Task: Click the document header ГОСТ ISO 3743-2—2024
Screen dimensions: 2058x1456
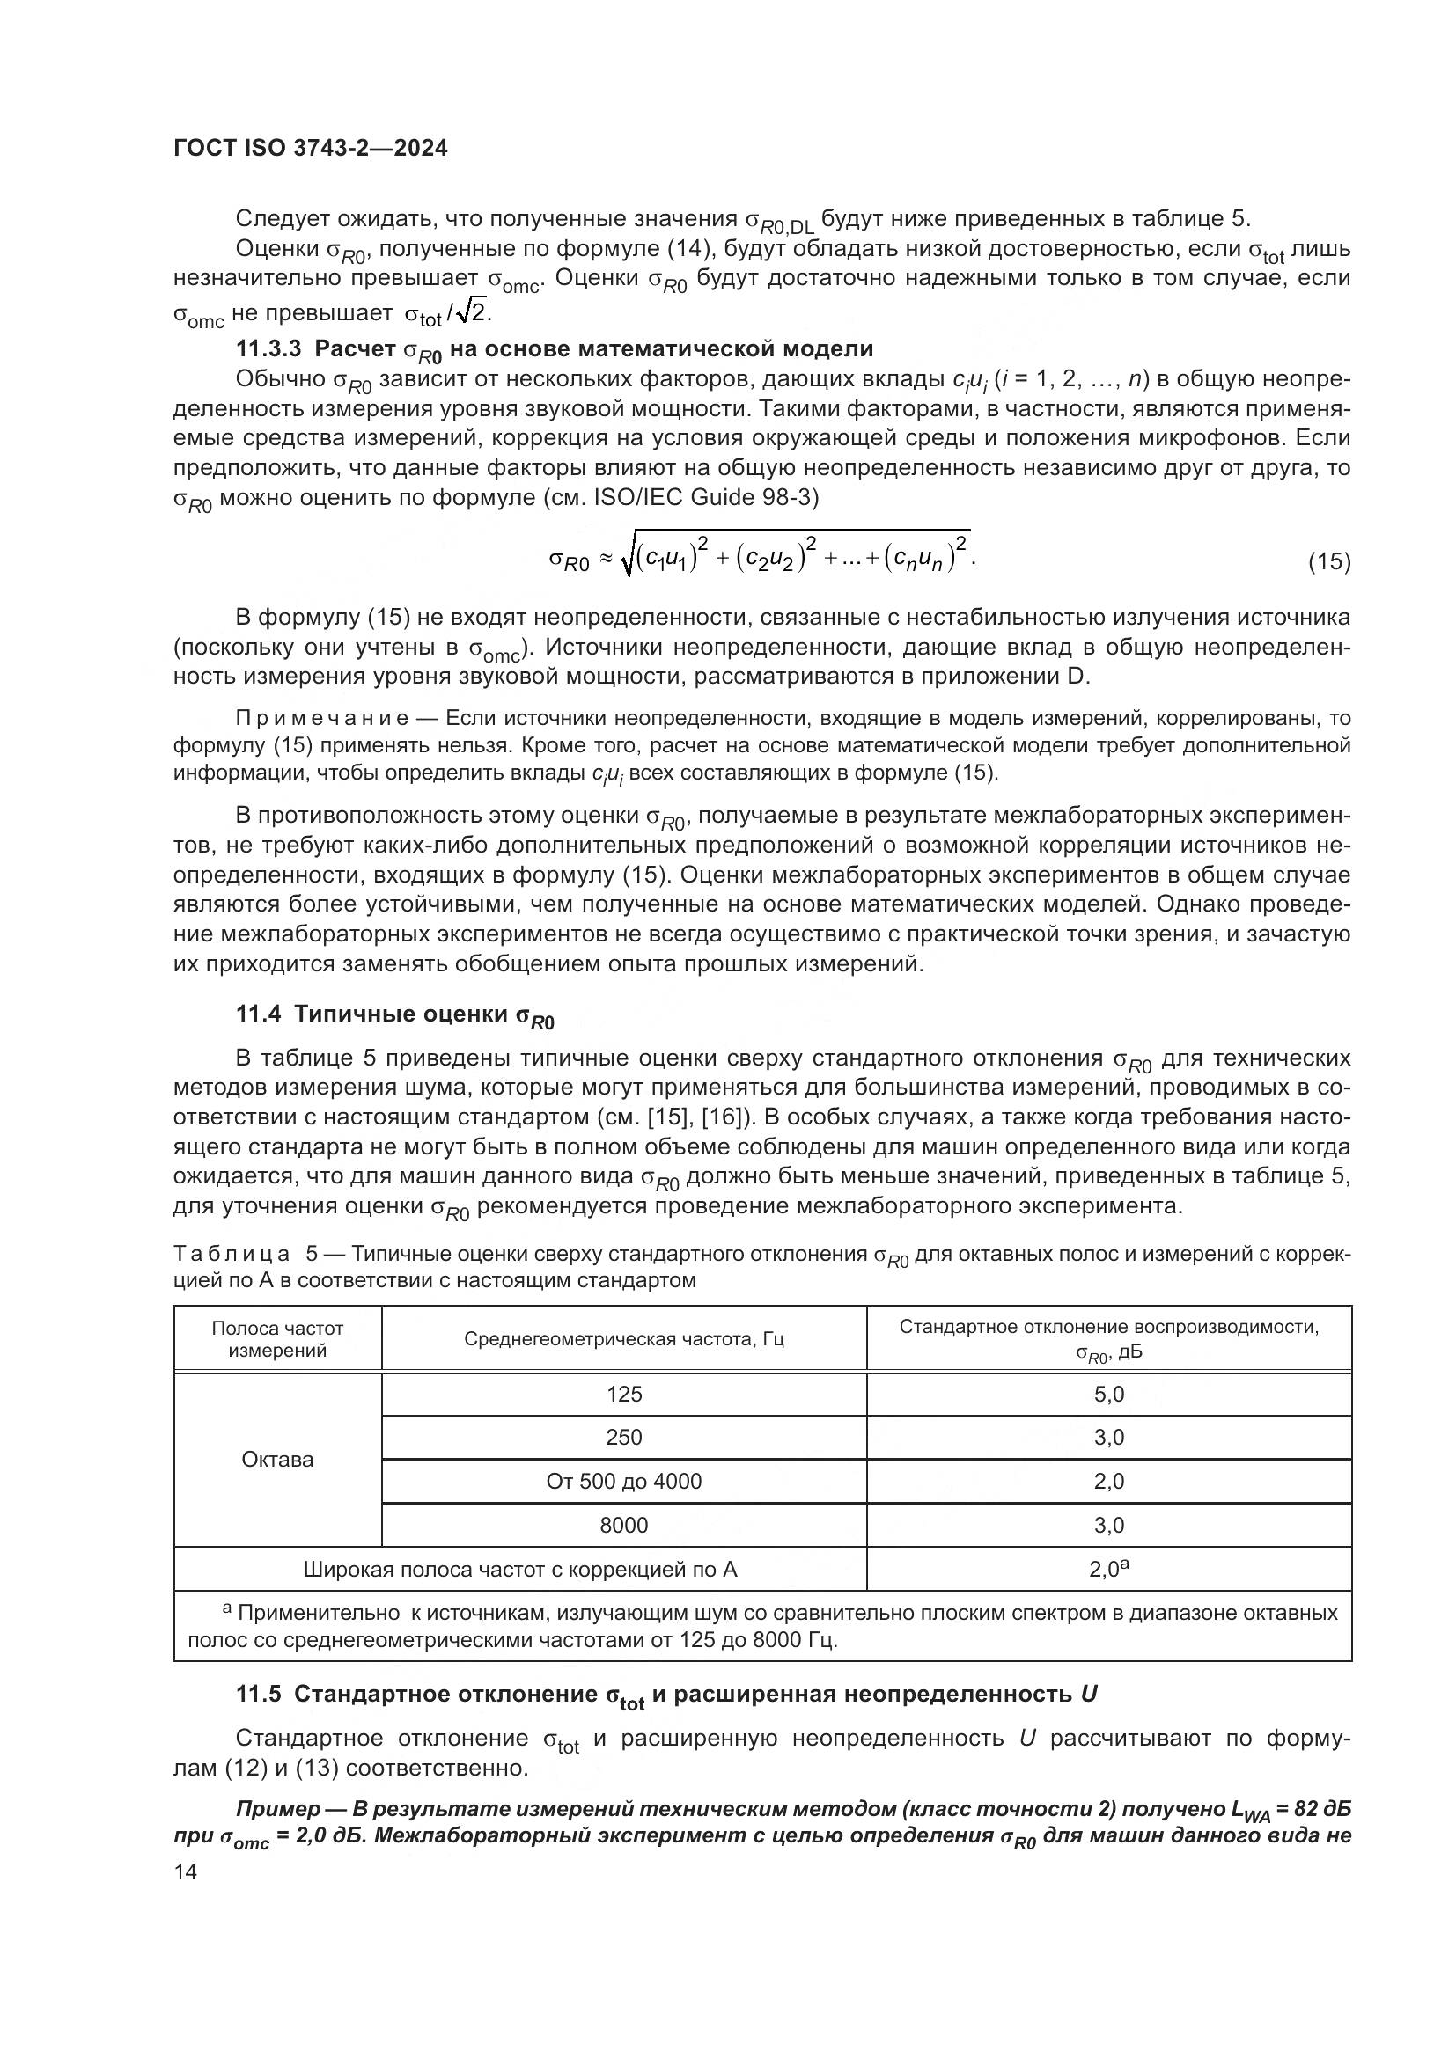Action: (x=310, y=149)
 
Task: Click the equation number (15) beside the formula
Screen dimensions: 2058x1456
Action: (x=1328, y=562)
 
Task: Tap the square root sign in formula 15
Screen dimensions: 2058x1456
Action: (x=628, y=559)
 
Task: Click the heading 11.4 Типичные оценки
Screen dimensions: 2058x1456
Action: (x=395, y=1014)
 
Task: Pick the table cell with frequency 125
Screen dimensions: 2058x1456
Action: (x=624, y=1394)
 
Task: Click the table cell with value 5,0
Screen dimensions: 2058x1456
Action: (x=1109, y=1394)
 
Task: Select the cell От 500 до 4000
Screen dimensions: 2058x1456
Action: (x=624, y=1481)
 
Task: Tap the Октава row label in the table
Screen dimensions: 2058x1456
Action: (x=278, y=1459)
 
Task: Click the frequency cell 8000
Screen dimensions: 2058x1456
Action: (x=624, y=1525)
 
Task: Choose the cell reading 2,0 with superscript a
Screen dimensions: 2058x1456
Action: (x=1109, y=1569)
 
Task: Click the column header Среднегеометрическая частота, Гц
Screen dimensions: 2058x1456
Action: (x=624, y=1339)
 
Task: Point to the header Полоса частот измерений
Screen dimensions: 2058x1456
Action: (x=278, y=1339)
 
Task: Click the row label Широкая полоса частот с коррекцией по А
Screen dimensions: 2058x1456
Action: (x=520, y=1570)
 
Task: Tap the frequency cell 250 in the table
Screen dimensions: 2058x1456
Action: (x=624, y=1438)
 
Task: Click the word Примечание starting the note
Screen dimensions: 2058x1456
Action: (x=323, y=718)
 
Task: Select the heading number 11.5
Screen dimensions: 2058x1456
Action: (x=259, y=1694)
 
